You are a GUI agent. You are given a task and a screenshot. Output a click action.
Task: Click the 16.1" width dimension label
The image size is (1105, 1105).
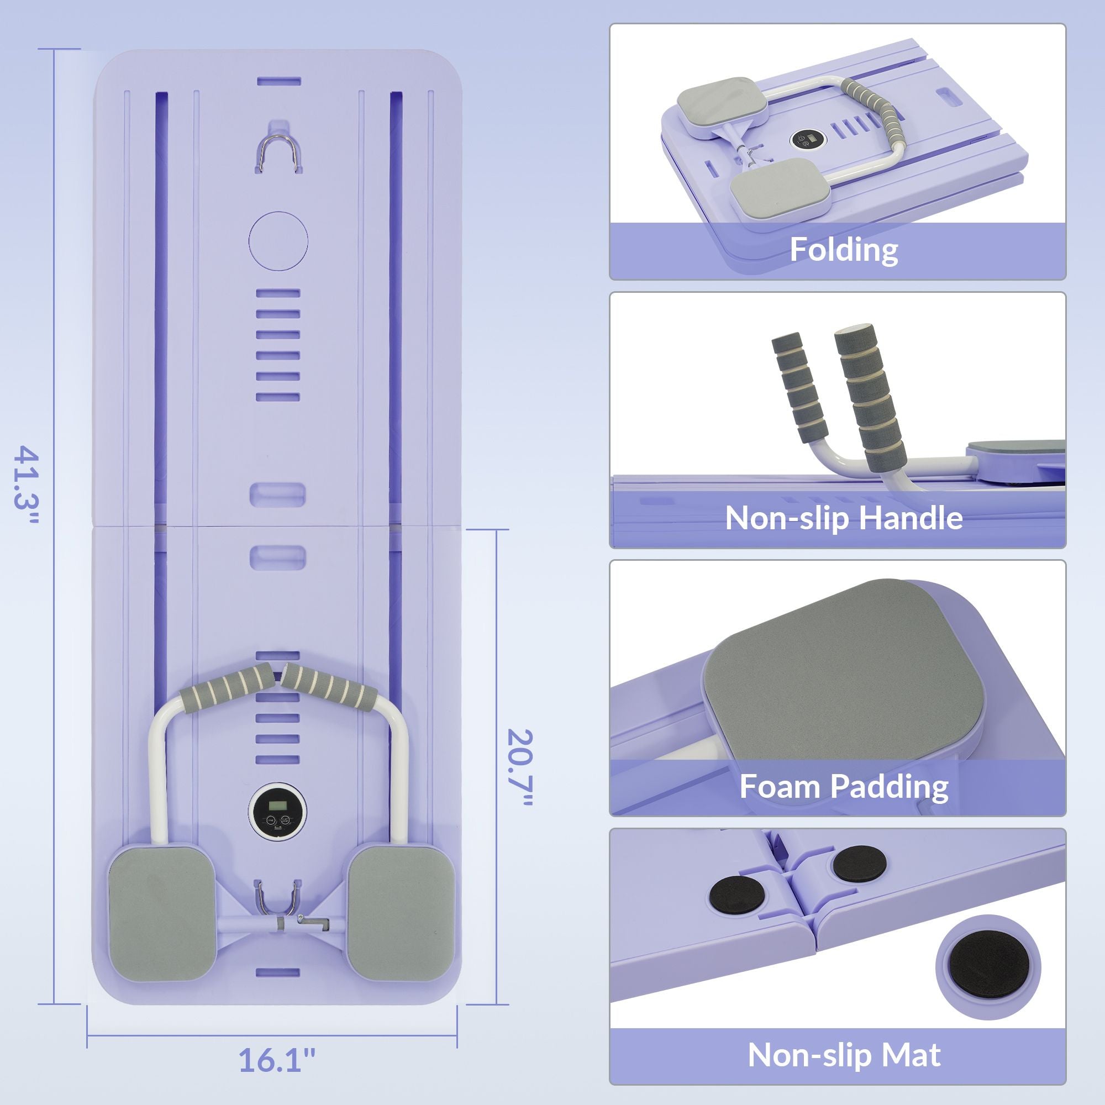click(277, 1060)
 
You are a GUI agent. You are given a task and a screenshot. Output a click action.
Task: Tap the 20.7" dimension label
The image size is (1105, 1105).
click(520, 769)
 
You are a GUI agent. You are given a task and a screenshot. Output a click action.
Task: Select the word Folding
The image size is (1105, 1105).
click(844, 250)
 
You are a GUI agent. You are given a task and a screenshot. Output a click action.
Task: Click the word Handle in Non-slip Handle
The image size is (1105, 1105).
click(911, 518)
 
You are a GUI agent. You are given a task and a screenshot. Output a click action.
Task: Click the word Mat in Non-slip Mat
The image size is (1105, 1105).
click(911, 1055)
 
